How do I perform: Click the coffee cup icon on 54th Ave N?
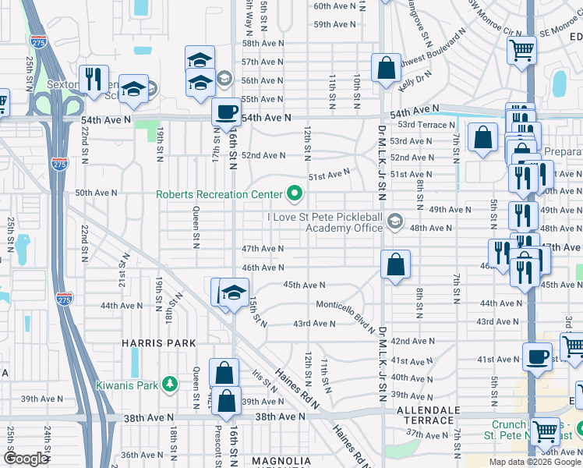click(226, 111)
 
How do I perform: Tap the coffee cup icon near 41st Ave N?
click(536, 356)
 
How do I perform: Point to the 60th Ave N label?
click(334, 5)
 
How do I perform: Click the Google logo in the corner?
click(26, 459)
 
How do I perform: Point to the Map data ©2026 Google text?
click(534, 462)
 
